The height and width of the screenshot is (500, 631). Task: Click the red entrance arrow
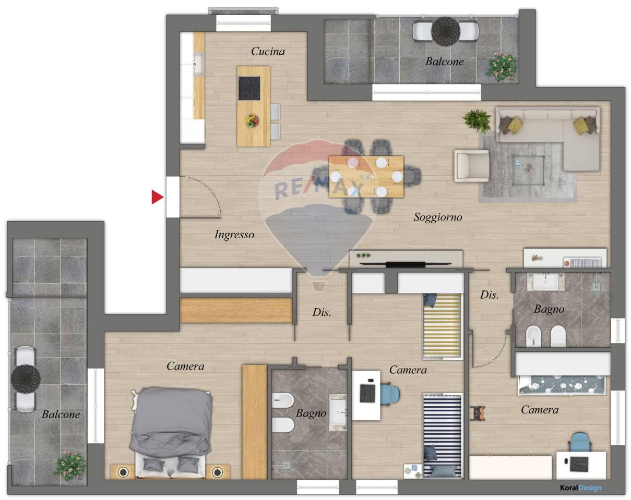pyautogui.click(x=157, y=197)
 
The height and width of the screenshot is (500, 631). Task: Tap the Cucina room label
pyautogui.click(x=268, y=52)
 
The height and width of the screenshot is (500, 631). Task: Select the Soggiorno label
pyautogui.click(x=438, y=217)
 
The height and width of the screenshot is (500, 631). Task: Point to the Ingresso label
pyautogui.click(x=234, y=235)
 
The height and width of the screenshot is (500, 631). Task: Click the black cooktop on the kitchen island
pyautogui.click(x=249, y=89)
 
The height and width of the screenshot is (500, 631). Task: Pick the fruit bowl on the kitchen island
pyautogui.click(x=252, y=121)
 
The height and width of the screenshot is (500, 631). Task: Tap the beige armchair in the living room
pyautogui.click(x=471, y=166)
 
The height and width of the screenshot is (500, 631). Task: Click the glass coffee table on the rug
pyautogui.click(x=529, y=170)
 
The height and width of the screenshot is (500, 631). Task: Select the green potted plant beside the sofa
pyautogui.click(x=477, y=120)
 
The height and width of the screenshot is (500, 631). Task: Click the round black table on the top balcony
pyautogui.click(x=445, y=31)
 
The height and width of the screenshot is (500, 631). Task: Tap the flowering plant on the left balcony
pyautogui.click(x=70, y=466)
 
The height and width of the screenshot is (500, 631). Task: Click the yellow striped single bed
pyautogui.click(x=442, y=326)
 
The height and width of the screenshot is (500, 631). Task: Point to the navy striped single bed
pyautogui.click(x=442, y=436)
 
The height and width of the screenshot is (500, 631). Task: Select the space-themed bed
pyautogui.click(x=562, y=385)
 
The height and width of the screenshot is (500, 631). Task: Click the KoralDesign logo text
pyautogui.click(x=580, y=487)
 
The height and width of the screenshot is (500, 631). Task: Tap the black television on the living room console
pyautogui.click(x=406, y=264)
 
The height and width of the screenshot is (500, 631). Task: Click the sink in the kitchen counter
pyautogui.click(x=198, y=64)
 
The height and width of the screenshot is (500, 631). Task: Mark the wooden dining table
pyautogui.click(x=366, y=177)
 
